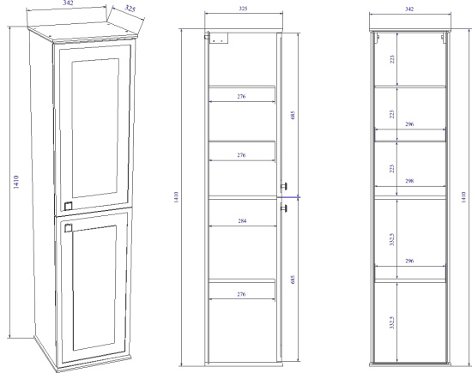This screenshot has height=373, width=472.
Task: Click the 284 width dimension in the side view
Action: tap(242, 221)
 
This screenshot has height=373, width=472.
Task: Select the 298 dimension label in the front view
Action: tap(409, 181)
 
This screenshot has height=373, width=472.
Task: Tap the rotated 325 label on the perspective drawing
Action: tap(130, 9)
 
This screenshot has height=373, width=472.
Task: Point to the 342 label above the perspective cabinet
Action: tap(68, 3)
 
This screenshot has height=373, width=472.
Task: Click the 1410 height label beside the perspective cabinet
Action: tap(16, 182)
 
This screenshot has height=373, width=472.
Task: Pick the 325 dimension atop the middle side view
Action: tap(243, 9)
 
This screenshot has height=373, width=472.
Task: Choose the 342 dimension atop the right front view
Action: tap(409, 9)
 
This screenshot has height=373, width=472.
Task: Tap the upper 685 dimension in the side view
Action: tap(293, 115)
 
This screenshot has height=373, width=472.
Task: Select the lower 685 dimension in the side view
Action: tap(293, 280)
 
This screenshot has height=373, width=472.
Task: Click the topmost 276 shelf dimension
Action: tap(241, 97)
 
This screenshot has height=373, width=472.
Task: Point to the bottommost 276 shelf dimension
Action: tap(241, 294)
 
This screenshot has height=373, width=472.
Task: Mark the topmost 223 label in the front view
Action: tap(392, 59)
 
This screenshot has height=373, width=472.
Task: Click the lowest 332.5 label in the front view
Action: tap(392, 322)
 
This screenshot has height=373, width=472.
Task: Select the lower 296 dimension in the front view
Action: tap(409, 261)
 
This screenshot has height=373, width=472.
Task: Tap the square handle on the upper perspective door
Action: tap(69, 206)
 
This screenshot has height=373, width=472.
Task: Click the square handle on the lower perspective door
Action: tap(68, 228)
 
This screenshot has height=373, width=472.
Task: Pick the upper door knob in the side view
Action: tap(283, 187)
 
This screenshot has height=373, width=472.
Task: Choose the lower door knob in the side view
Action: tap(283, 208)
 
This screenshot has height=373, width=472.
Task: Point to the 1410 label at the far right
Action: tap(464, 197)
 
